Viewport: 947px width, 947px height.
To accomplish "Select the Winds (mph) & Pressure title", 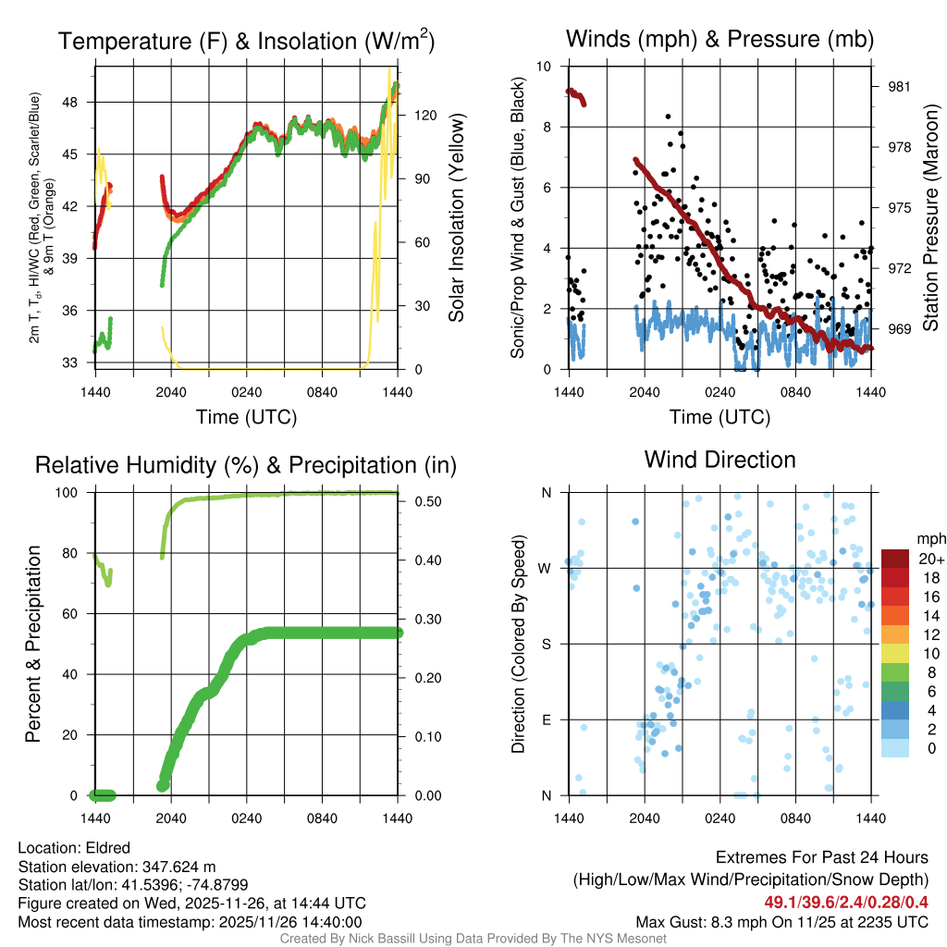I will coord(719,39).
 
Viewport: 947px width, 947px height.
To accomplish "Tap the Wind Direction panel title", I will coord(719,460).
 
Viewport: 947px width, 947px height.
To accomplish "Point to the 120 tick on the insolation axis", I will coord(425,116).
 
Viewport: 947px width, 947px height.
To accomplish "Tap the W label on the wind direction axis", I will coord(545,568).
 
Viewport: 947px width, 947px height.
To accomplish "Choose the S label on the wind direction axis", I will coord(546,644).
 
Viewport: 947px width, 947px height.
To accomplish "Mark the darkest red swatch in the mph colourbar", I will coord(896,559).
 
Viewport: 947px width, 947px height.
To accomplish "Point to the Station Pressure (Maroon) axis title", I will coord(930,218).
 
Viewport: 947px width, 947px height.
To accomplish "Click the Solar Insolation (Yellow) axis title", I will coord(456,218).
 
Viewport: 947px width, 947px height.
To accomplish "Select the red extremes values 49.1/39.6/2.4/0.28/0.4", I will coord(846,902).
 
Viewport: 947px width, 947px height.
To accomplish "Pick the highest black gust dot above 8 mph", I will coord(668,117).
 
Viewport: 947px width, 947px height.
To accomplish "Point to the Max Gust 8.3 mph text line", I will coord(781,922).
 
